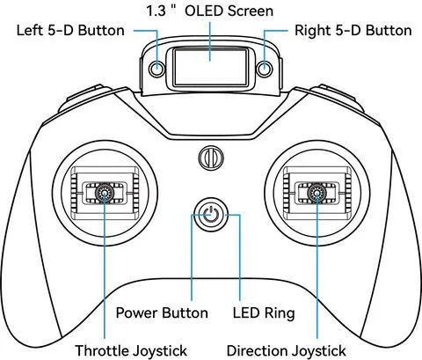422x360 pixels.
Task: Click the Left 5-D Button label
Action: point(70,31)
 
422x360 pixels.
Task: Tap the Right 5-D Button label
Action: point(353,31)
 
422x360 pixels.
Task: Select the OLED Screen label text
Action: point(229,11)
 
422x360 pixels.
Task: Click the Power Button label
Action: point(162,312)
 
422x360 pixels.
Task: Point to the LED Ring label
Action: point(264,313)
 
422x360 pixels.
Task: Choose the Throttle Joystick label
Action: point(131,350)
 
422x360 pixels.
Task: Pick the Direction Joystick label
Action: point(286,350)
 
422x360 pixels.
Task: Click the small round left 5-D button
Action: point(157,69)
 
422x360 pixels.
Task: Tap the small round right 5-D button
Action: point(265,69)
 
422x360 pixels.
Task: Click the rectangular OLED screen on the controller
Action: point(210,67)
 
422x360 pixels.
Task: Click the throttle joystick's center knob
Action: point(105,193)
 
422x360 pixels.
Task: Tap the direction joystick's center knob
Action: point(316,193)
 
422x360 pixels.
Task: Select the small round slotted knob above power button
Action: point(211,158)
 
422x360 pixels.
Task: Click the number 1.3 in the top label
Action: point(156,11)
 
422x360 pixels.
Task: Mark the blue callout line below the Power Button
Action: point(192,258)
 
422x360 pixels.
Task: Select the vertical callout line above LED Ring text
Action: point(240,258)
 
